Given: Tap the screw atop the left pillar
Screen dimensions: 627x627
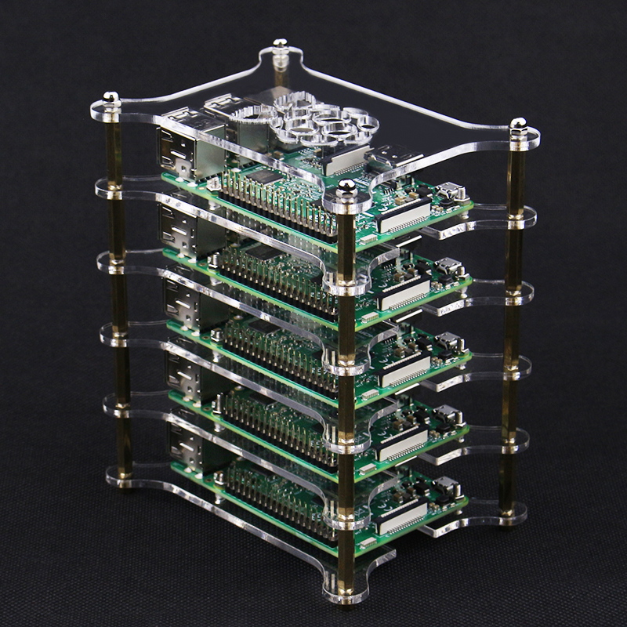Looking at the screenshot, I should pos(111,100).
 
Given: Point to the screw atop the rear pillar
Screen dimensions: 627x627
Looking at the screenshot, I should pos(280,46).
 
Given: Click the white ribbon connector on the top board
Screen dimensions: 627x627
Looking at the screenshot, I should pos(404,216).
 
